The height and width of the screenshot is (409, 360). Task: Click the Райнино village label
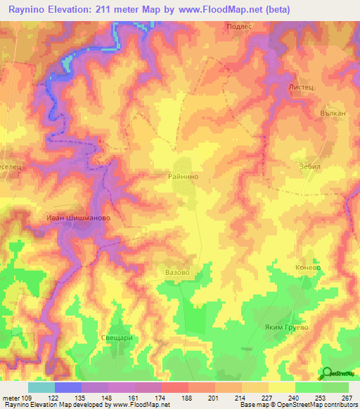click(x=188, y=178)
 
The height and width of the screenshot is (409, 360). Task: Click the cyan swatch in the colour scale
click(x=41, y=387)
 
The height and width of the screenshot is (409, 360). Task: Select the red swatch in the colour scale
click(x=175, y=387)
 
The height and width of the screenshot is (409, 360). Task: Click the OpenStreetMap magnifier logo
click(x=325, y=372)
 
